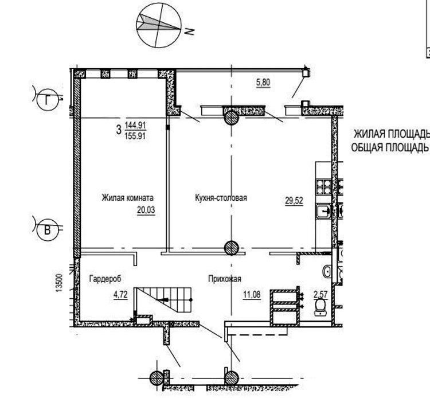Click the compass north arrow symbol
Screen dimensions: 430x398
(159, 25)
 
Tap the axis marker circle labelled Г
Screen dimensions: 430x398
(48, 100)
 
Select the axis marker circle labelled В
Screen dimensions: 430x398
(48, 230)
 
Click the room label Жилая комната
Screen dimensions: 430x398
(127, 198)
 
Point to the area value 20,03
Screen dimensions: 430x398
(146, 210)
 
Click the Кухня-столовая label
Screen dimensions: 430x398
(221, 198)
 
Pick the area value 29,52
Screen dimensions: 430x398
(294, 201)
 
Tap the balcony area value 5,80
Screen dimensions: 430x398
(263, 82)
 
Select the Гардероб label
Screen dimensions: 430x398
(105, 279)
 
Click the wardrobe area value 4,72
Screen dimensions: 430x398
(120, 295)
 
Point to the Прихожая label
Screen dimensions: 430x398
(225, 279)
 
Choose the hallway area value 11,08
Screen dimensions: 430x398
(252, 295)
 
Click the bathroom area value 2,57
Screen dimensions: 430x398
(320, 295)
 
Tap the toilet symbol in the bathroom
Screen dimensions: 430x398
(320, 307)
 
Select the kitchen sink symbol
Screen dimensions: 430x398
(324, 211)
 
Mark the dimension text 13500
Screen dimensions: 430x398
(59, 283)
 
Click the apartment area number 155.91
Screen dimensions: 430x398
(135, 136)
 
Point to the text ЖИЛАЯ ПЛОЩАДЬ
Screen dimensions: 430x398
(392, 134)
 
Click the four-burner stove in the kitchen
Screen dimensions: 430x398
(324, 187)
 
